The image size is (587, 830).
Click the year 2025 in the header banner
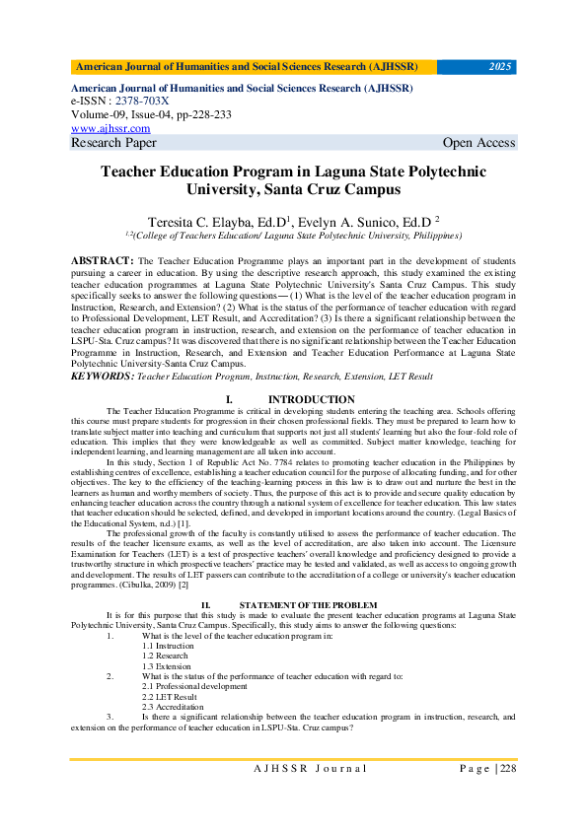pyautogui.click(x=500, y=67)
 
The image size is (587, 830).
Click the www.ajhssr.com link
pyautogui.click(x=110, y=128)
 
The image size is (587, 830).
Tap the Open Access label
pyautogui.click(x=478, y=143)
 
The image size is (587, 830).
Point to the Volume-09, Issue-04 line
pyautogui.click(x=151, y=114)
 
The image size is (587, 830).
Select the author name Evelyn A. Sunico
pyautogui.click(x=371, y=222)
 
